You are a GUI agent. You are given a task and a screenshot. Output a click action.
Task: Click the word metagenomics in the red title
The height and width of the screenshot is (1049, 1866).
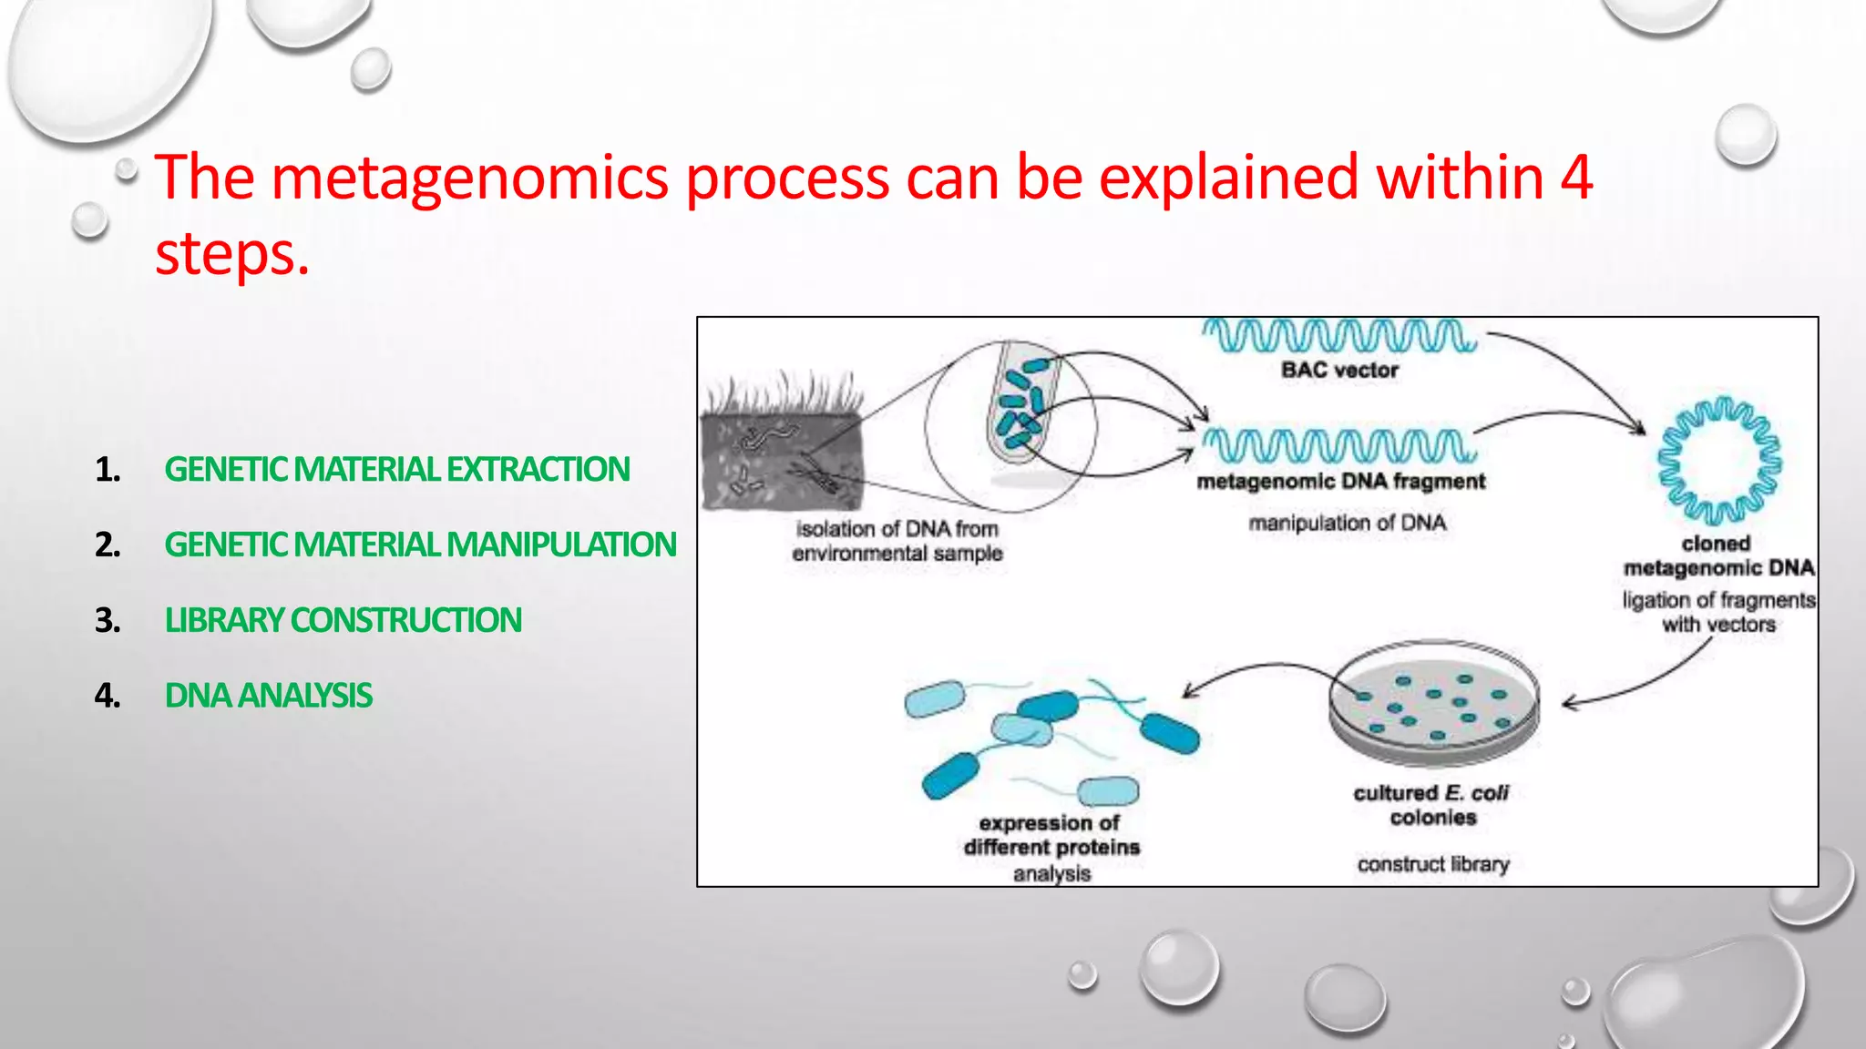tap(470, 178)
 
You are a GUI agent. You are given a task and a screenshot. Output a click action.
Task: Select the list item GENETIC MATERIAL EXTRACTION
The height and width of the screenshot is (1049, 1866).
tap(396, 470)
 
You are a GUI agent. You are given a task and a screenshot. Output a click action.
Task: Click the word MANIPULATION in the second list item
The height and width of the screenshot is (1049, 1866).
tap(561, 545)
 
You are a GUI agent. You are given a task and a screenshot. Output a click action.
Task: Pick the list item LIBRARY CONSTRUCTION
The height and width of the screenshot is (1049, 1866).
tap(343, 620)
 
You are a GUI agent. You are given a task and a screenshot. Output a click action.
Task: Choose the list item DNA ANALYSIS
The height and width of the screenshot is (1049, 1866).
tap(268, 696)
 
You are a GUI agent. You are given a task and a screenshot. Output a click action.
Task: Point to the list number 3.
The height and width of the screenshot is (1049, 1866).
tap(108, 620)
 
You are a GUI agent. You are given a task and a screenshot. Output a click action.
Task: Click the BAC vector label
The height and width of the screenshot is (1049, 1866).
tap(1339, 370)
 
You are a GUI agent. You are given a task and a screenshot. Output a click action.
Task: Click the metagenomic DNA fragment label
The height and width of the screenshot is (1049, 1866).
tap(1340, 481)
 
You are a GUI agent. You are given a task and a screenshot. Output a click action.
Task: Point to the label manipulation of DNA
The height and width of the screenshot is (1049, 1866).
tap(1347, 523)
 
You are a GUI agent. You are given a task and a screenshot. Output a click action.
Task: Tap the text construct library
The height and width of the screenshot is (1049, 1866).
tap(1433, 863)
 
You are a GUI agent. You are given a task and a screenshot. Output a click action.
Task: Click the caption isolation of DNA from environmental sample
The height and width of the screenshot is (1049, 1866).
tap(897, 541)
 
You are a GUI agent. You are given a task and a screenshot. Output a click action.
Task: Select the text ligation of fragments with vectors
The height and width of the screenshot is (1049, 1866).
tap(1718, 612)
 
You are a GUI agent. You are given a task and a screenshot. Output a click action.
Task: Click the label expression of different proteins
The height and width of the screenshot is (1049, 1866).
tap(1051, 835)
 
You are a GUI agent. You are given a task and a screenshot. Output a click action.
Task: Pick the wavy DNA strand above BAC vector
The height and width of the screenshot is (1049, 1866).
tap(1338, 335)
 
